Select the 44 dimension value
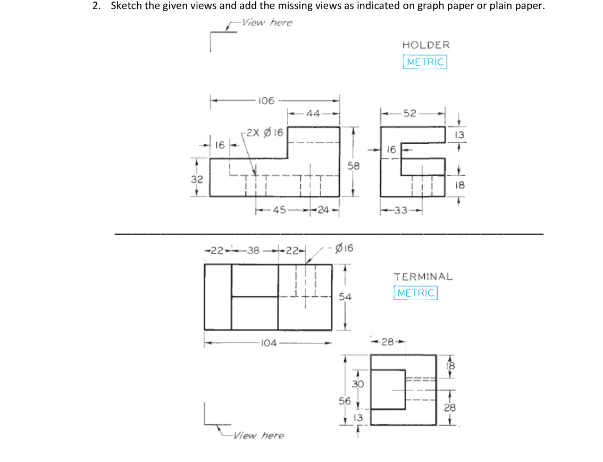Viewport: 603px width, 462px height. (x=313, y=113)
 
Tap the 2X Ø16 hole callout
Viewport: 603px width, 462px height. (x=264, y=132)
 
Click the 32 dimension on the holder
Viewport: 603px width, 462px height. (x=197, y=179)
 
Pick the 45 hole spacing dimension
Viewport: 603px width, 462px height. (x=280, y=209)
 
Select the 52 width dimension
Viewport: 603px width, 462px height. (x=410, y=113)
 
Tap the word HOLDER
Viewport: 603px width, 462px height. (x=426, y=45)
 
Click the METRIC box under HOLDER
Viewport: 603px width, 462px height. (x=425, y=62)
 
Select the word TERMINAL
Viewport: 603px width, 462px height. (x=423, y=277)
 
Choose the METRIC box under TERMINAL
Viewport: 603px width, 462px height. (x=416, y=293)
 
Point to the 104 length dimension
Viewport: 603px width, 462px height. (x=269, y=343)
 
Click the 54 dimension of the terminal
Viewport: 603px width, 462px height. (x=345, y=297)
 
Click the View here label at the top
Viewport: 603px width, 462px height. (x=267, y=22)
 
